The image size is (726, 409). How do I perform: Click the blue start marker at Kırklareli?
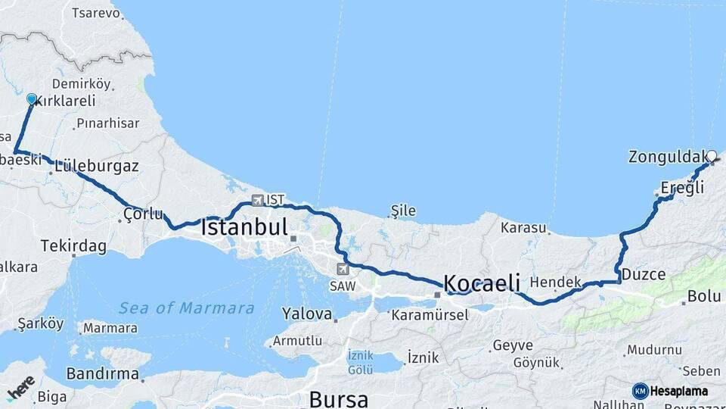[32, 99]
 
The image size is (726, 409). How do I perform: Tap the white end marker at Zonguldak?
[711, 156]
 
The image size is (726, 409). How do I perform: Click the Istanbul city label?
[244, 226]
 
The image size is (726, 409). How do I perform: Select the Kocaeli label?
[482, 283]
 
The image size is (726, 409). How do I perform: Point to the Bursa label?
[338, 398]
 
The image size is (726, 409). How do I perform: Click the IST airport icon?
[258, 201]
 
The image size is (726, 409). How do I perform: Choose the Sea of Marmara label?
[187, 308]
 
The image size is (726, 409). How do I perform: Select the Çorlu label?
[143, 215]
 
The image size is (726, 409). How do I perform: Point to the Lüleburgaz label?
[97, 166]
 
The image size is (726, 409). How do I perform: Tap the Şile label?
[403, 211]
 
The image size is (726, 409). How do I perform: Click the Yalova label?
[307, 313]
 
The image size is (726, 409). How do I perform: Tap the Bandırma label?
[103, 374]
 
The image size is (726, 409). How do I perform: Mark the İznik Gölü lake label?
[361, 362]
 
